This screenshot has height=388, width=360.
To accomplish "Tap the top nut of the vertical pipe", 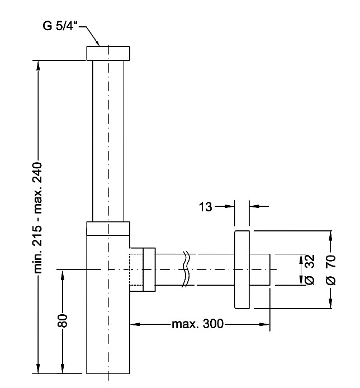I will pos(108,53).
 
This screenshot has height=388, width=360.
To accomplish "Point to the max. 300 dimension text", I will pos(197,324).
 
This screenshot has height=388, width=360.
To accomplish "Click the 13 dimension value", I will pos(206,207).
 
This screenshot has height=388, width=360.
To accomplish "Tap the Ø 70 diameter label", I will pos(329,269).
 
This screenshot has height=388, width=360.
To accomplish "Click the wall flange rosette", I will pos(241,269).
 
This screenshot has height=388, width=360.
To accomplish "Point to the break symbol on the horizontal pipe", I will pos(187,269).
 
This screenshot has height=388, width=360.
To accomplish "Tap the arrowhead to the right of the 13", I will pos(253,206).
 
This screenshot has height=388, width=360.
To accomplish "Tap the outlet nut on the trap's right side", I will pos(149,269).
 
